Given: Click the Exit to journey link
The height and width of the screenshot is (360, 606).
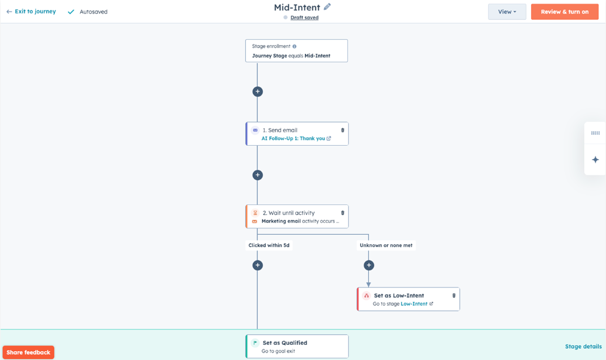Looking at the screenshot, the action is coord(31,12).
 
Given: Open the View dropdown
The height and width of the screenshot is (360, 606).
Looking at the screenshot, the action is coord(507,12).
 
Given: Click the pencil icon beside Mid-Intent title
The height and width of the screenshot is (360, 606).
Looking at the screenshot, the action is coord(327,6).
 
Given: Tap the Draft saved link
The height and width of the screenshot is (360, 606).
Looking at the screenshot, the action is coord(304,18).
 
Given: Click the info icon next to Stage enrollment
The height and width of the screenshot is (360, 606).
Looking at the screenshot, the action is coord(295,46).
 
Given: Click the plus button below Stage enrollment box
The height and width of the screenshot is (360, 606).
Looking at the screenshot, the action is coord(258,91).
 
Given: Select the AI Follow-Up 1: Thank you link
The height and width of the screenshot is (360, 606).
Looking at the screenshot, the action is coord(293,138).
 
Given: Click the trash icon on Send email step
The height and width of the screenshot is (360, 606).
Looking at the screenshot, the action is coord(343,130).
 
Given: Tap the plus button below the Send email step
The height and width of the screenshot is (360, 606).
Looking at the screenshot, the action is coord(258,175).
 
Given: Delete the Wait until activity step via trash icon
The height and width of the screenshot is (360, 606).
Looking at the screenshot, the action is coord(343,213).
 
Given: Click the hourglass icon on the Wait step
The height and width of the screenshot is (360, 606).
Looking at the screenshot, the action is coord(255,213).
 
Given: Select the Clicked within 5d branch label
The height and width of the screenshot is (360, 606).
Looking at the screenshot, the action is coord(269,245).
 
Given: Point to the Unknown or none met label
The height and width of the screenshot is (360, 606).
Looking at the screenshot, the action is coord(386,245).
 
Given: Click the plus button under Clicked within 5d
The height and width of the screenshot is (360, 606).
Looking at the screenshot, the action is coord(258,265).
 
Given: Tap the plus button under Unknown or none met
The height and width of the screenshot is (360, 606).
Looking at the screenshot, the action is coord(369,265).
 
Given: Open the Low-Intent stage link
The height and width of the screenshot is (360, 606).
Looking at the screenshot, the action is coord(414,304).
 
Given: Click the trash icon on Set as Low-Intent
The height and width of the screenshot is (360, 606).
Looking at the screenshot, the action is coord(454,296).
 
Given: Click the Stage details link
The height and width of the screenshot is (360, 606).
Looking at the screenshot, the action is coord(583,347).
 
